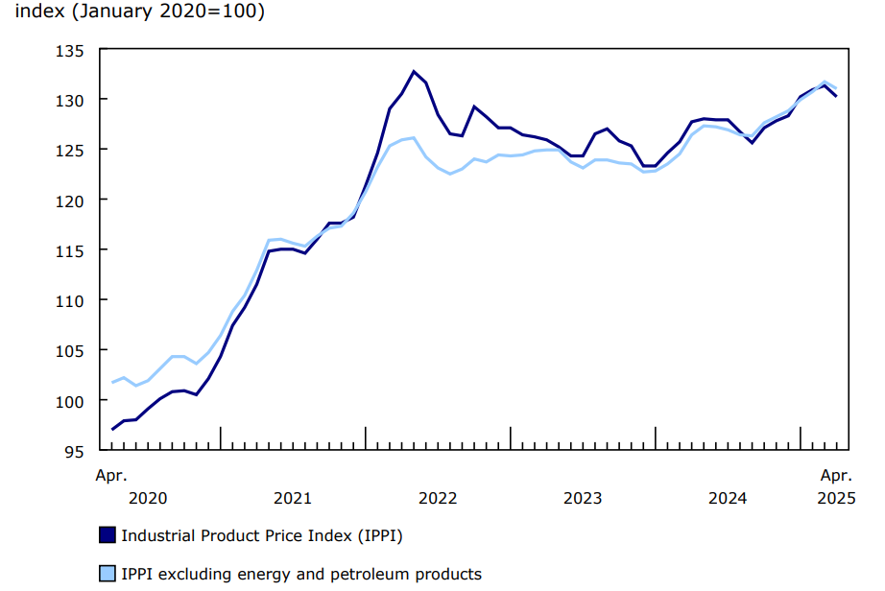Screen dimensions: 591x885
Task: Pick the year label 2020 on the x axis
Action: pyautogui.click(x=148, y=498)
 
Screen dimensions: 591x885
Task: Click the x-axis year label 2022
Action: pyautogui.click(x=438, y=498)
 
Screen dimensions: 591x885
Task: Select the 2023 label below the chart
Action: pyautogui.click(x=583, y=498)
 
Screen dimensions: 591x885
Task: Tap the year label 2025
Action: pyautogui.click(x=835, y=498)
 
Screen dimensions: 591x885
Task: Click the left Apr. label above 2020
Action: pyautogui.click(x=111, y=475)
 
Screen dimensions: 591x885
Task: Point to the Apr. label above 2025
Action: pyautogui.click(x=835, y=475)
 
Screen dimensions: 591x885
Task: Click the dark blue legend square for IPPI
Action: pyautogui.click(x=108, y=535)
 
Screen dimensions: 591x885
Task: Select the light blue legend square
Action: pyautogui.click(x=108, y=575)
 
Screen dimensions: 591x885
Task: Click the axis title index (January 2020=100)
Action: pyautogui.click(x=141, y=14)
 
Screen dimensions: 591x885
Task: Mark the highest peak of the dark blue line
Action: pyautogui.click(x=414, y=71)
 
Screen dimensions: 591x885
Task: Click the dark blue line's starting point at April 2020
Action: pyautogui.click(x=112, y=429)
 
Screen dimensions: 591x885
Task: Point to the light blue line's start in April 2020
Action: pyautogui.click(x=112, y=382)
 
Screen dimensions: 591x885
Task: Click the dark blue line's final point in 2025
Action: pyautogui.click(x=836, y=96)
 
